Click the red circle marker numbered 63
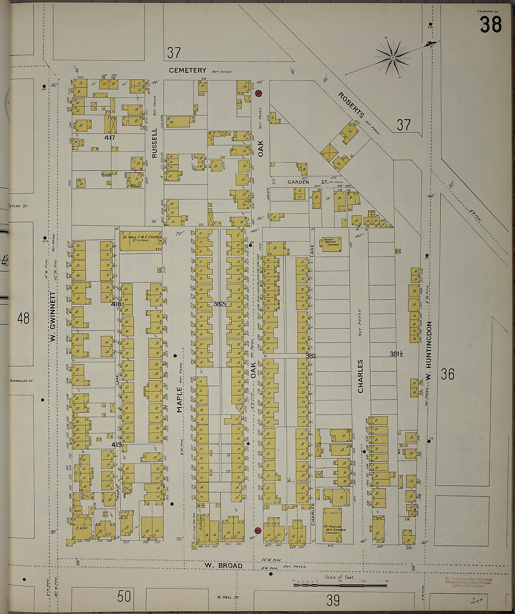[258, 94]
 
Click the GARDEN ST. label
[307, 182]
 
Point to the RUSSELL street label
[155, 143]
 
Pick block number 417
[110, 138]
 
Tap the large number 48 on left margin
[23, 318]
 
